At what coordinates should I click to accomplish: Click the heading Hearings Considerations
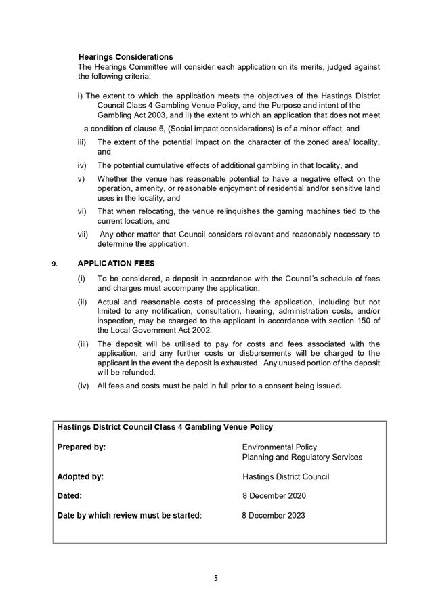[x=125, y=57]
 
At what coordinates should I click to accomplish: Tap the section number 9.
[x=54, y=264]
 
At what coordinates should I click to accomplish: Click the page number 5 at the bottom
[x=216, y=578]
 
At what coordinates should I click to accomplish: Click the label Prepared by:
[x=81, y=447]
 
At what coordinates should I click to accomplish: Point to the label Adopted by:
[x=81, y=476]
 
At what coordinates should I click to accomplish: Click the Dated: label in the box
[x=70, y=496]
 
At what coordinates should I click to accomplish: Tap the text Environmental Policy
[x=280, y=447]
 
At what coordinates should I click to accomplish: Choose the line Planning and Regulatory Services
[x=302, y=457]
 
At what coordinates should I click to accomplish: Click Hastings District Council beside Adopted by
[x=286, y=476]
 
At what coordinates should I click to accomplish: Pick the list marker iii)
[x=82, y=142]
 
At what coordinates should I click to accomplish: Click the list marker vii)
[x=82, y=235]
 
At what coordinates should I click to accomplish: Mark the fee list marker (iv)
[x=83, y=386]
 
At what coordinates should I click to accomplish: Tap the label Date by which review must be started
[x=129, y=515]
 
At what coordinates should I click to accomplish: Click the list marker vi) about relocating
[x=82, y=211]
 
